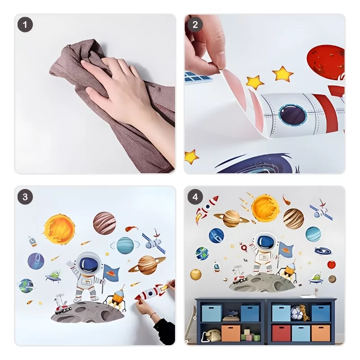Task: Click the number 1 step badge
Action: pyautogui.click(x=25, y=25)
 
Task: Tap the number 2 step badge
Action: pyautogui.click(x=195, y=25)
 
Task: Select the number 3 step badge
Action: pyautogui.click(x=25, y=197)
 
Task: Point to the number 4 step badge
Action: pyautogui.click(x=195, y=197)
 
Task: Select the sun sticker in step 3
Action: pyautogui.click(x=59, y=229)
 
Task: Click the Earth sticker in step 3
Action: pyautogui.click(x=26, y=286)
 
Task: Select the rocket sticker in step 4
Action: pyautogui.click(x=206, y=209)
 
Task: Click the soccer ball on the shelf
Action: pyautogui.click(x=296, y=313)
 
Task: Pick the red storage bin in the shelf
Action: pyautogui.click(x=281, y=333)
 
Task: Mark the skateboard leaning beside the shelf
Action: pyautogui.click(x=191, y=324)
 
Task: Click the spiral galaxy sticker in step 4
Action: pyautogui.click(x=323, y=251)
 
